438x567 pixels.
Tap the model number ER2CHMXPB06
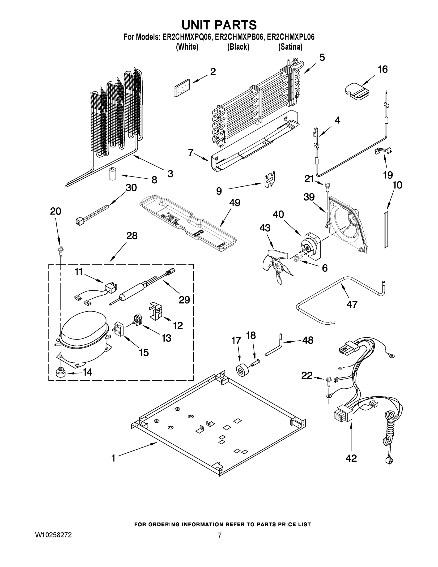tap(238, 37)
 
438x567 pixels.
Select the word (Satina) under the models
tap(290, 47)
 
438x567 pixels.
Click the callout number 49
tap(234, 202)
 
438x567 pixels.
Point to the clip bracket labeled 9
tap(270, 179)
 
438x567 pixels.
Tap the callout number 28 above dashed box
tap(132, 236)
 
